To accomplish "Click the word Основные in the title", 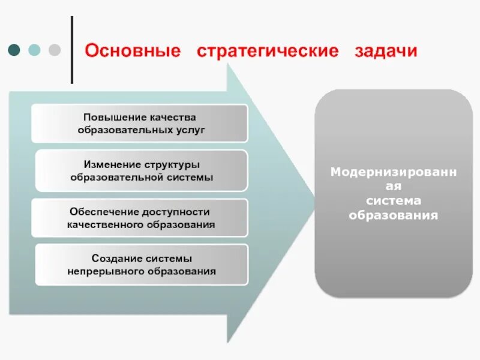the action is coord(133,50).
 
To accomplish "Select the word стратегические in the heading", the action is coord(267,50).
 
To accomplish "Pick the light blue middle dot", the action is coord(34,50).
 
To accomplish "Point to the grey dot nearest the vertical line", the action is coord(54,50).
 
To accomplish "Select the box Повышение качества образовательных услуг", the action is coord(139,123).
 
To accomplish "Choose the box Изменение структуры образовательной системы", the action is coord(142,170).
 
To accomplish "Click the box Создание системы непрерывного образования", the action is coord(142,265).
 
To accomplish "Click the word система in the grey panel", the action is coord(393,200).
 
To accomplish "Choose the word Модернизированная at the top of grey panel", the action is coord(393,172).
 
